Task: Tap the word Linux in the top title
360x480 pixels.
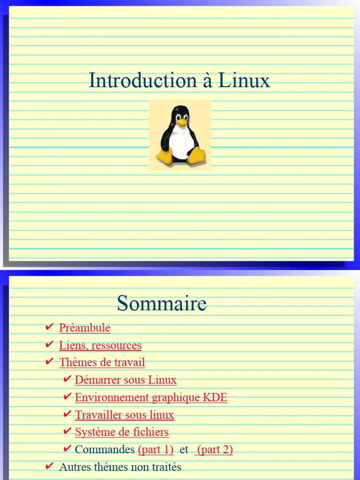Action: pyautogui.click(x=244, y=81)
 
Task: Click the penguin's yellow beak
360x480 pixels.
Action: pyautogui.click(x=181, y=122)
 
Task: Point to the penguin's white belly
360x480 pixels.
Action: pyautogui.click(x=180, y=143)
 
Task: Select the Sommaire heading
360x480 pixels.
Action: pyautogui.click(x=162, y=303)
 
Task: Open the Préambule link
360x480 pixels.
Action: pyautogui.click(x=84, y=328)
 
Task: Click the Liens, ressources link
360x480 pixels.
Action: pyautogui.click(x=100, y=345)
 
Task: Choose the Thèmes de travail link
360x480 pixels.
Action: pyautogui.click(x=102, y=362)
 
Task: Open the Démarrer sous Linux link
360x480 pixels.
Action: pyautogui.click(x=126, y=380)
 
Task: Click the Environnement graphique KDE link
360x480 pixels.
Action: pyautogui.click(x=151, y=397)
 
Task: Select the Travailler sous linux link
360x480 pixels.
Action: pyautogui.click(x=124, y=415)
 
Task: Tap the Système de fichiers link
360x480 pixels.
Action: pyautogui.click(x=121, y=432)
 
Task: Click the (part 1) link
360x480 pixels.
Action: pyautogui.click(x=156, y=450)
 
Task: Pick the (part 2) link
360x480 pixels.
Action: pyautogui.click(x=214, y=450)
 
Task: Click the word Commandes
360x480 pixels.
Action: pyautogui.click(x=105, y=450)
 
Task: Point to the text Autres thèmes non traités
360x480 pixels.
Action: pyautogui.click(x=120, y=467)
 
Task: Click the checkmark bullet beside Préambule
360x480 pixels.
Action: pyautogui.click(x=49, y=327)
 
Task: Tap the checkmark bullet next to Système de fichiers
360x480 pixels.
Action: pyautogui.click(x=67, y=431)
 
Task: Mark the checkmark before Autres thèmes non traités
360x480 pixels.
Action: pyautogui.click(x=49, y=466)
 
